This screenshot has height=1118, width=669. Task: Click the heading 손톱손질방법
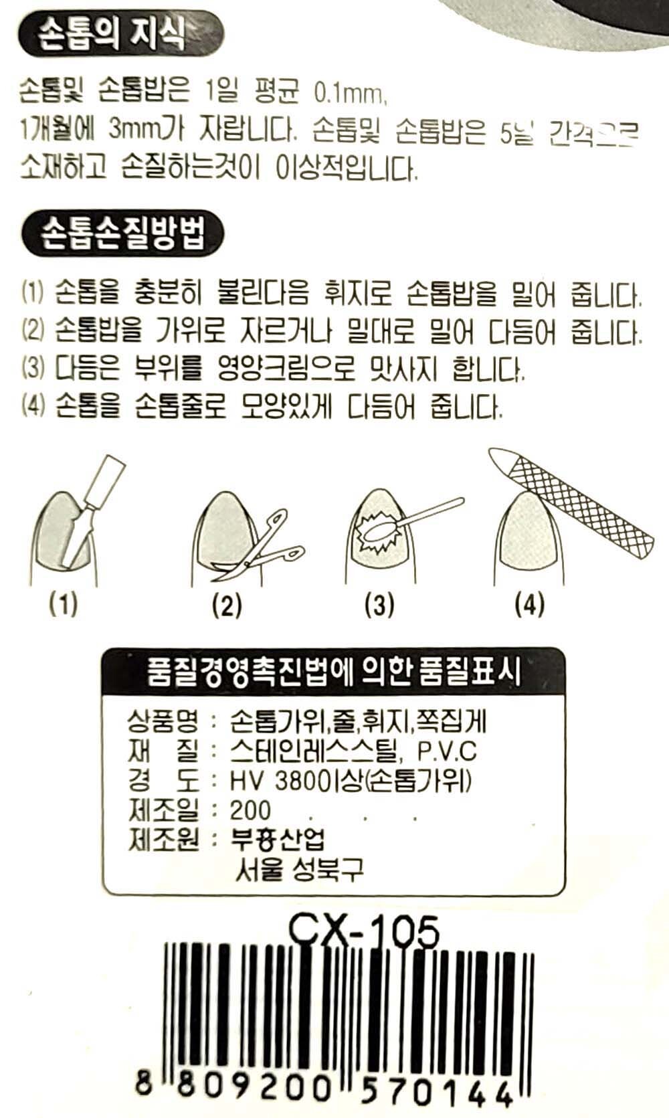coord(123,234)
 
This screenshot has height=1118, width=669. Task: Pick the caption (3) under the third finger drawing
coord(379,605)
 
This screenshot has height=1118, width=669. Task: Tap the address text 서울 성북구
coord(299,868)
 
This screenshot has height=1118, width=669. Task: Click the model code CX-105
coord(363,931)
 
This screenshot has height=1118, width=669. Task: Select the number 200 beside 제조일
coord(250,810)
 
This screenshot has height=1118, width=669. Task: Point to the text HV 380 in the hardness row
coord(271,781)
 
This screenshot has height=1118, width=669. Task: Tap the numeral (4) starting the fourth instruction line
coord(33,405)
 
